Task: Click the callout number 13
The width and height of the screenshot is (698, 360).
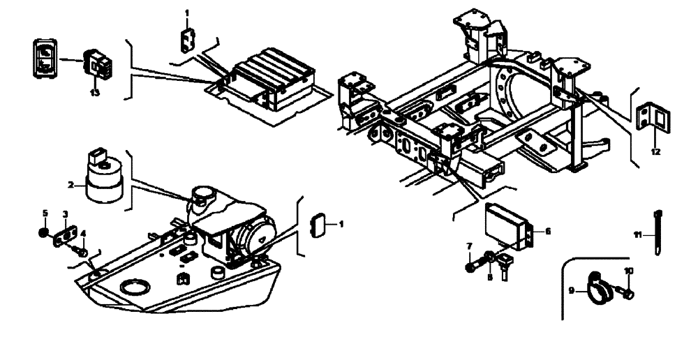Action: (95, 91)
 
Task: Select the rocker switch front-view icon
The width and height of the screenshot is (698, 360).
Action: (43, 57)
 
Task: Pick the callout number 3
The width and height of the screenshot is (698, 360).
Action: (65, 213)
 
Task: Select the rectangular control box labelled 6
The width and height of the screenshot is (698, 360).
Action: (508, 221)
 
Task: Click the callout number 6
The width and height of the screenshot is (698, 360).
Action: (548, 231)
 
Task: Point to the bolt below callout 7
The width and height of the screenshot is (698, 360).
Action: (473, 266)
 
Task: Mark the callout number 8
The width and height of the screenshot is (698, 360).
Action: (490, 277)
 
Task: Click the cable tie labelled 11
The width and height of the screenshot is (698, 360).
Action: (658, 233)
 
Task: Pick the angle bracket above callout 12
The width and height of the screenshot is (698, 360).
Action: (654, 117)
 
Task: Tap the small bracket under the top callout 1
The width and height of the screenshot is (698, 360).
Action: (186, 40)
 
